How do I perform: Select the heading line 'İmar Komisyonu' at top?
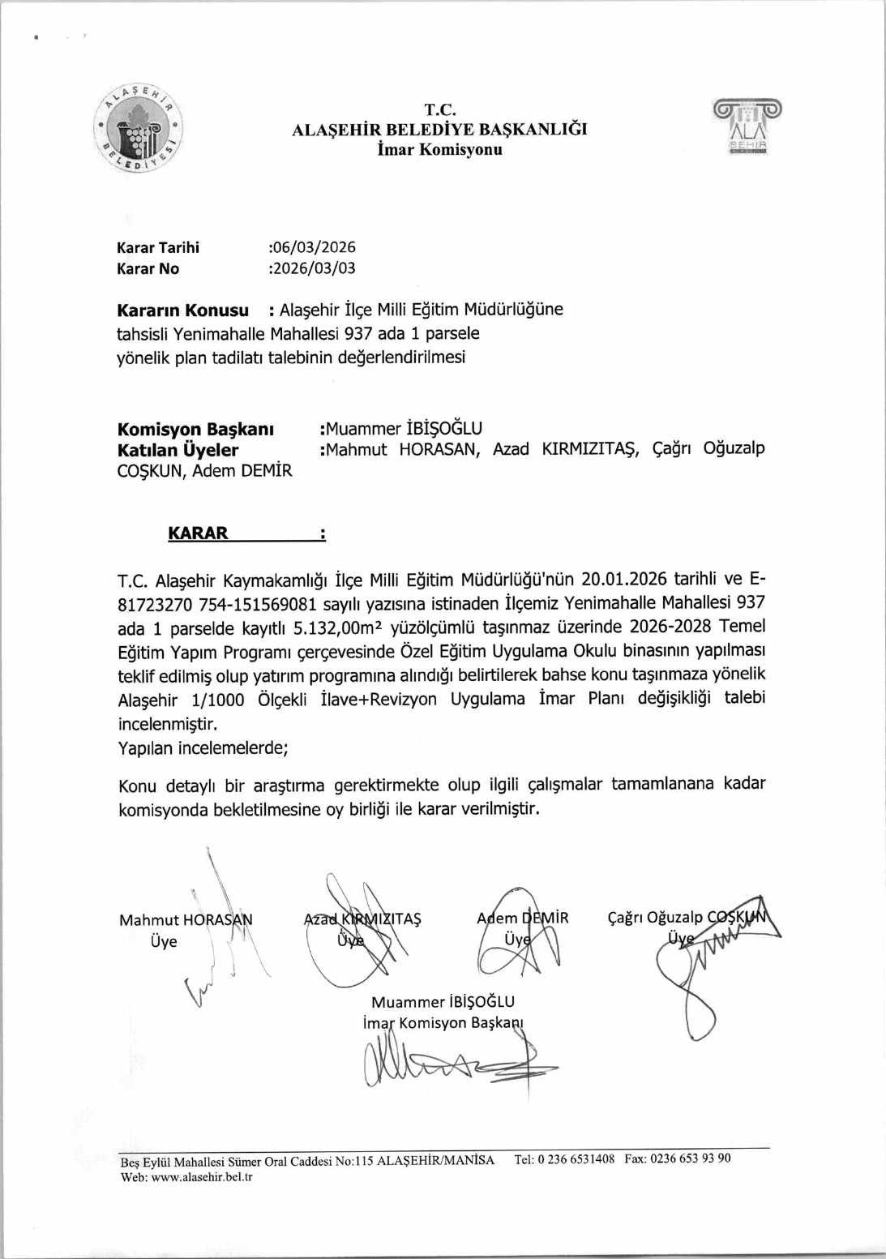[439, 149]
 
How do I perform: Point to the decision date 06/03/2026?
[314, 247]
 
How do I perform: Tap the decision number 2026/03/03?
[314, 268]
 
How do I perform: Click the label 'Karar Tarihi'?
[158, 247]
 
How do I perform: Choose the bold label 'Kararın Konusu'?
[183, 310]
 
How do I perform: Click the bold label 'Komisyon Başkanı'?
[195, 429]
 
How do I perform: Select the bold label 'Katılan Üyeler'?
[178, 450]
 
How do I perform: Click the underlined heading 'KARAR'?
[199, 533]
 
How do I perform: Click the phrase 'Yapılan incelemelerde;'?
[203, 748]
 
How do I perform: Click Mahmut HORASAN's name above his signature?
[186, 919]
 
